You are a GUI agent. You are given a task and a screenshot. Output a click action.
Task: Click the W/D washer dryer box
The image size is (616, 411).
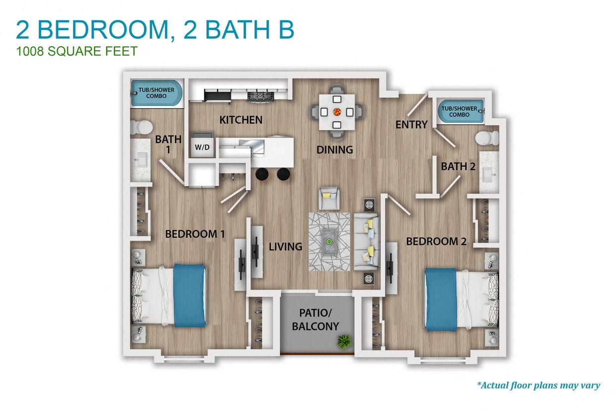[x=202, y=147]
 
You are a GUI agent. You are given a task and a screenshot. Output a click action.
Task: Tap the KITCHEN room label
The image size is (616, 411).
[x=240, y=120]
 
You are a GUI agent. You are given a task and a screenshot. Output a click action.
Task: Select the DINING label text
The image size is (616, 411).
[x=335, y=149]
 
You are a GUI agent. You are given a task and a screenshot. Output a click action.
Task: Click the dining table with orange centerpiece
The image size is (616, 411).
[x=337, y=111]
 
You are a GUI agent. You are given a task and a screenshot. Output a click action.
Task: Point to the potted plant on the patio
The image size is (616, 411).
[x=343, y=341]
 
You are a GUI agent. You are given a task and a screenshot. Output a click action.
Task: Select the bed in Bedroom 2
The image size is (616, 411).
[x=462, y=299]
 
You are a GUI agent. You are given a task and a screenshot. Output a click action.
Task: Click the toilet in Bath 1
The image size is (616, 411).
[x=142, y=128]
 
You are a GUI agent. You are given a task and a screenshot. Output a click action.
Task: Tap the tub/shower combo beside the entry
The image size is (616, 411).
[x=459, y=111]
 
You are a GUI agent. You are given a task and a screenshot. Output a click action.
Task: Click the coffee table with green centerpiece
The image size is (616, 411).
[x=328, y=242]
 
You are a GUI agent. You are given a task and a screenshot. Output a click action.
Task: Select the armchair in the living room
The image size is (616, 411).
[x=329, y=198]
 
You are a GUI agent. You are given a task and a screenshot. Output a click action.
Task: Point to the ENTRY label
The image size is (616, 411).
[x=411, y=125]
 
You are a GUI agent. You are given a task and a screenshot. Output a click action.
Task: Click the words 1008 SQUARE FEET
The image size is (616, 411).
[x=77, y=51]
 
